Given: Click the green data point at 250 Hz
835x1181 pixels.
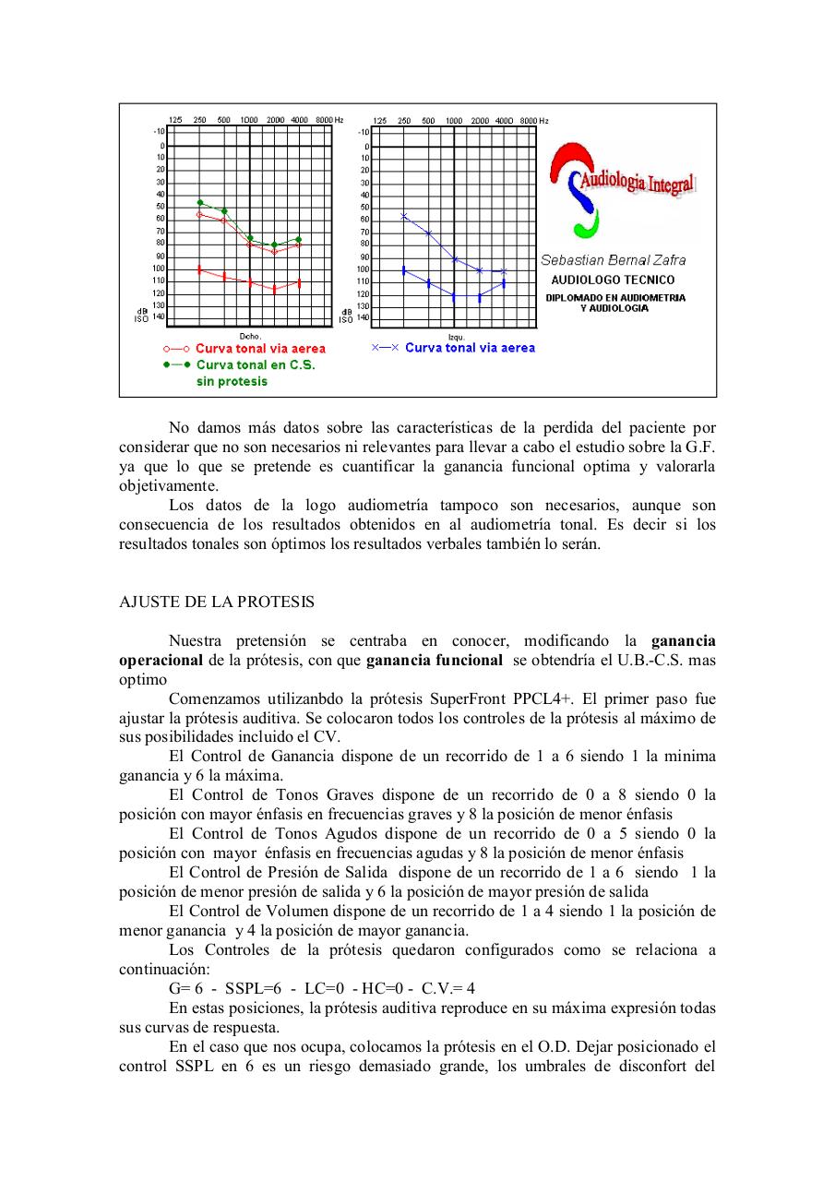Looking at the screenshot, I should pyautogui.click(x=199, y=202).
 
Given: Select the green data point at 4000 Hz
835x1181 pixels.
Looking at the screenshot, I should pyautogui.click(x=298, y=239).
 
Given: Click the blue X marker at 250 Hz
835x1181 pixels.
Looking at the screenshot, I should pyautogui.click(x=403, y=216).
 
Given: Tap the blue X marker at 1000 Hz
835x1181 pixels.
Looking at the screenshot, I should pyautogui.click(x=454, y=259).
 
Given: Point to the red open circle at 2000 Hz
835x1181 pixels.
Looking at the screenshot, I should pyautogui.click(x=274, y=252).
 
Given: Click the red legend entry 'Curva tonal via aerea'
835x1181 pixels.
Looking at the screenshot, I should pyautogui.click(x=259, y=349).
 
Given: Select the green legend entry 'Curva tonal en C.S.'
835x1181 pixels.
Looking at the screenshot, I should pyautogui.click(x=255, y=364).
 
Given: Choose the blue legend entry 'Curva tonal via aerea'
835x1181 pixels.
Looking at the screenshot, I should pyautogui.click(x=470, y=348).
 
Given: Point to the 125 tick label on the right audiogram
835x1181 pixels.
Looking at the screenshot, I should pyautogui.click(x=379, y=121).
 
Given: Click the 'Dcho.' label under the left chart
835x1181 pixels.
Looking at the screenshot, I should pyautogui.click(x=250, y=336).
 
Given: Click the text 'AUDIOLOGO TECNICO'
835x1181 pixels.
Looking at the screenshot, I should pyautogui.click(x=613, y=280).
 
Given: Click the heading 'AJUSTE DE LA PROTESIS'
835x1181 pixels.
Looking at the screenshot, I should pyautogui.click(x=217, y=602).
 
